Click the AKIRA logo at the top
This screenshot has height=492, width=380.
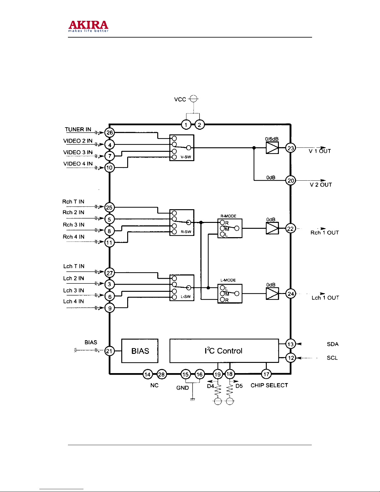(88, 26)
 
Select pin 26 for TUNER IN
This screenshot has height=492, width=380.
(110, 133)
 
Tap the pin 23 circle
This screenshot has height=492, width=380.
(290, 148)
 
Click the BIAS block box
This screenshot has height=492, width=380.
(140, 351)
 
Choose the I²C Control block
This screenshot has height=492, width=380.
(224, 351)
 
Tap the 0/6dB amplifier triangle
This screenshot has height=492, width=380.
(272, 148)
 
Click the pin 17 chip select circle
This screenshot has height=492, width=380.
(266, 374)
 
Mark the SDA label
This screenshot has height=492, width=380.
(333, 344)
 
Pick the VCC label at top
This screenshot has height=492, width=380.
(180, 99)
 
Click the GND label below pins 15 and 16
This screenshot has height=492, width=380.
(182, 388)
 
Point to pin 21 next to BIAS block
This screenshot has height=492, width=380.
(109, 351)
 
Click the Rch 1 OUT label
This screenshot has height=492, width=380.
(324, 232)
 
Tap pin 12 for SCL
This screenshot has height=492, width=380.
(291, 358)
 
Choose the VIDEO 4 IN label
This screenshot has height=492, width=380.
(78, 164)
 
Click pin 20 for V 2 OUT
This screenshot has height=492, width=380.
(290, 180)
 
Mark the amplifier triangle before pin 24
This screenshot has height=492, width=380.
(272, 294)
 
